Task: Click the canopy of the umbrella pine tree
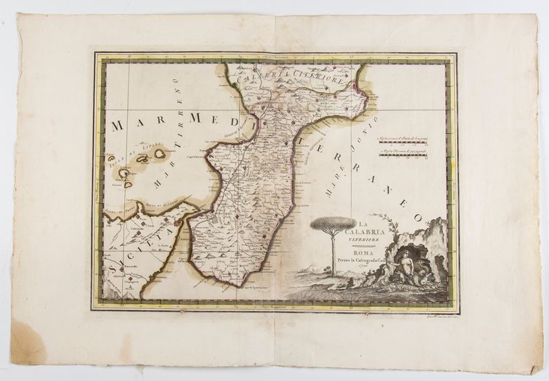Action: tap(333, 224)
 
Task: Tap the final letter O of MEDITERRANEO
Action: tap(417, 217)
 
